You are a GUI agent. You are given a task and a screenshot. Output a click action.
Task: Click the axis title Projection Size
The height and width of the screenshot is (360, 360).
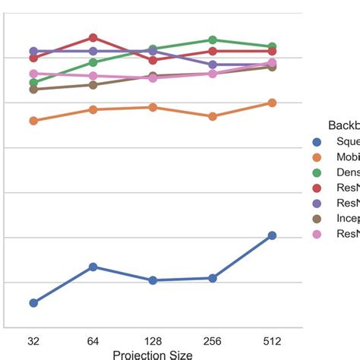click(152, 354)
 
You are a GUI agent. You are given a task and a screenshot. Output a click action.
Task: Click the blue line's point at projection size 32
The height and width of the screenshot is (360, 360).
click(33, 302)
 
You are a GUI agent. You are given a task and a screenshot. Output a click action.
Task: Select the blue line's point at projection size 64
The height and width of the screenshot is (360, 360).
click(93, 267)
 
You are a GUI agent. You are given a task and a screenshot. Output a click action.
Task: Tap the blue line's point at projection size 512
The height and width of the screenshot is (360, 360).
click(272, 235)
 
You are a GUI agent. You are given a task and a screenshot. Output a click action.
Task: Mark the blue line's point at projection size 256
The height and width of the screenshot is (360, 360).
click(213, 278)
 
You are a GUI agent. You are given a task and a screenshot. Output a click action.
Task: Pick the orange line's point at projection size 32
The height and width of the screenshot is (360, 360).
click(33, 121)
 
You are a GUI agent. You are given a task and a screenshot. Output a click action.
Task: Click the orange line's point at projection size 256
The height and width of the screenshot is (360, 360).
click(213, 116)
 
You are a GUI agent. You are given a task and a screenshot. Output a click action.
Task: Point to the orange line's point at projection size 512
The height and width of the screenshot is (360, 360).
click(272, 103)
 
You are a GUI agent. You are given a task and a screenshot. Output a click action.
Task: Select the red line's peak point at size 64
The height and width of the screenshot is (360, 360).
click(93, 37)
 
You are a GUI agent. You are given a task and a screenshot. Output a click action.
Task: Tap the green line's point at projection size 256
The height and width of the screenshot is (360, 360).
click(213, 39)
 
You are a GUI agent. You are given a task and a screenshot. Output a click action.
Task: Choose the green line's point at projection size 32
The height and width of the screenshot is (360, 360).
click(33, 83)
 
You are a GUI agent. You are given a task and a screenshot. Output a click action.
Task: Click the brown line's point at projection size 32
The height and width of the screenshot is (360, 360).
click(33, 90)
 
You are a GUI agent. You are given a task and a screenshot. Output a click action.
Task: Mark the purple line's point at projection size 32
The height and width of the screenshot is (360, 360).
click(33, 51)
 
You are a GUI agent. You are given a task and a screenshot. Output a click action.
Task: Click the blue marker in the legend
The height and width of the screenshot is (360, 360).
click(317, 141)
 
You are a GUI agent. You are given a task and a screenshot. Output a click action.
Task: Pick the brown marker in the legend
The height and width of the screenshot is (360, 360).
click(317, 218)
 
